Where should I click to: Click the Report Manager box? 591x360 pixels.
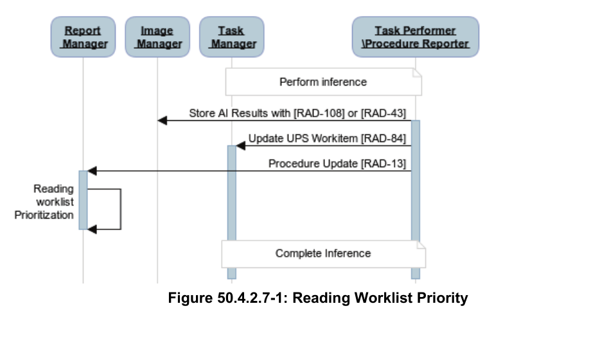tap(82, 37)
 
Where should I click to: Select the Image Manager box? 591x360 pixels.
tap(157, 37)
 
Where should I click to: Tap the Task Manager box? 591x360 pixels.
tap(232, 37)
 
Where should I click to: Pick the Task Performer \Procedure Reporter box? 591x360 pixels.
tap(416, 37)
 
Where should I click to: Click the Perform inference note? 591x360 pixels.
tap(323, 82)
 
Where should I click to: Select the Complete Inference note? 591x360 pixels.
tap(323, 253)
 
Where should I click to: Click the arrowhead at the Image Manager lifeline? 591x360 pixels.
tap(163, 120)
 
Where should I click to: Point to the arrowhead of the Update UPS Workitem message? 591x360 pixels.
tap(240, 146)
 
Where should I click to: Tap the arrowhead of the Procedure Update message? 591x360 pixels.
tap(92, 171)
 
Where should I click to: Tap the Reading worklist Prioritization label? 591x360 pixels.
tap(45, 202)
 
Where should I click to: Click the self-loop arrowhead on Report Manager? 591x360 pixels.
tap(92, 229)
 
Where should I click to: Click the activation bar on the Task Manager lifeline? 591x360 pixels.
tap(232, 212)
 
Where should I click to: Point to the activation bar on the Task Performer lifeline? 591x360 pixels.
tap(416, 199)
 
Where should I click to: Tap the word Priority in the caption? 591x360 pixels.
tap(443, 298)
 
